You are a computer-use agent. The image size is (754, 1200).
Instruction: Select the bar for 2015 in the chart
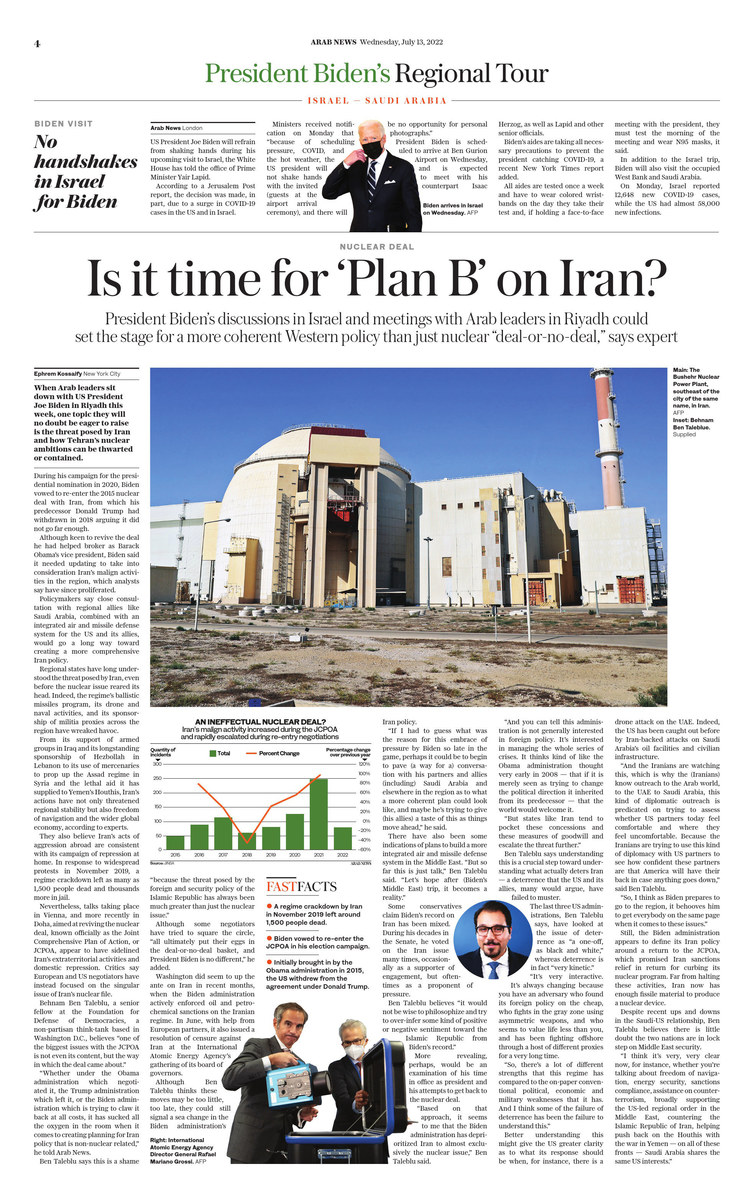175,843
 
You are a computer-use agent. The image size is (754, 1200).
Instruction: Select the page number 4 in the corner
36,43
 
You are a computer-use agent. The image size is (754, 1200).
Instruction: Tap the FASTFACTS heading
303,885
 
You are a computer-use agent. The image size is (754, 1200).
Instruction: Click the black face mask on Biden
372,149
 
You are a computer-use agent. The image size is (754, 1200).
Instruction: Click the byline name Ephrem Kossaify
61,371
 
